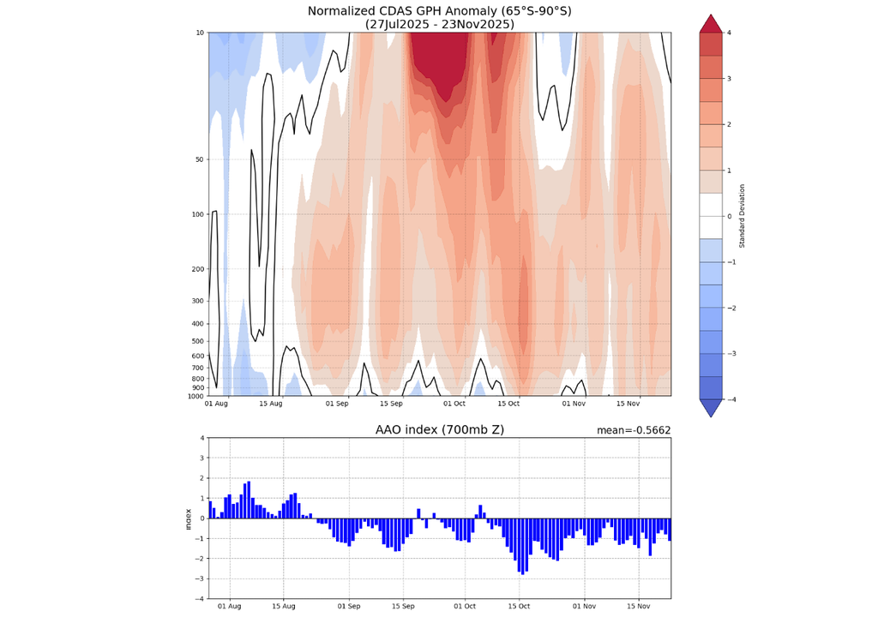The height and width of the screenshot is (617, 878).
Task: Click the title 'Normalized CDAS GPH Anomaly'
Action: tap(439, 10)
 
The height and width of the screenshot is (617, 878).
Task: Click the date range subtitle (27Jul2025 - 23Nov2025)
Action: tap(439, 24)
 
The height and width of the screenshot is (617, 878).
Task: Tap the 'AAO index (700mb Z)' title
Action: tap(439, 430)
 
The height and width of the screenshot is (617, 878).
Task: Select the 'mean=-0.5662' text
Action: tap(634, 430)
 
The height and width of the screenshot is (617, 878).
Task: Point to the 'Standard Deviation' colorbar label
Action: tap(743, 216)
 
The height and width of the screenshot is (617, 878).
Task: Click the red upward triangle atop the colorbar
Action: tap(711, 23)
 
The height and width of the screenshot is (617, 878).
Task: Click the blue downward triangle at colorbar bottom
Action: tap(711, 408)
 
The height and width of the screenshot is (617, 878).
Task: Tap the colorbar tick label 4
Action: tap(729, 33)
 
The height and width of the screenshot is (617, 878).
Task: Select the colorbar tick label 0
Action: tap(729, 216)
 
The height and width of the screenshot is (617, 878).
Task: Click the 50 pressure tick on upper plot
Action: tap(199, 159)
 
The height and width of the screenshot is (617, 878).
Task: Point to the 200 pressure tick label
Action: tap(197, 269)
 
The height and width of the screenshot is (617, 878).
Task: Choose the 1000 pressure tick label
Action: tap(195, 396)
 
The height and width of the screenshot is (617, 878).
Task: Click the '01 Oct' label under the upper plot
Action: tap(454, 404)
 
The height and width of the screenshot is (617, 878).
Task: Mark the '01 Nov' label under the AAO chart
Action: tap(584, 606)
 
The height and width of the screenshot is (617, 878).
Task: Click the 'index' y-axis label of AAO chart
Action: tap(188, 518)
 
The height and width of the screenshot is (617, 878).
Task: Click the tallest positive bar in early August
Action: tap(249, 500)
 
